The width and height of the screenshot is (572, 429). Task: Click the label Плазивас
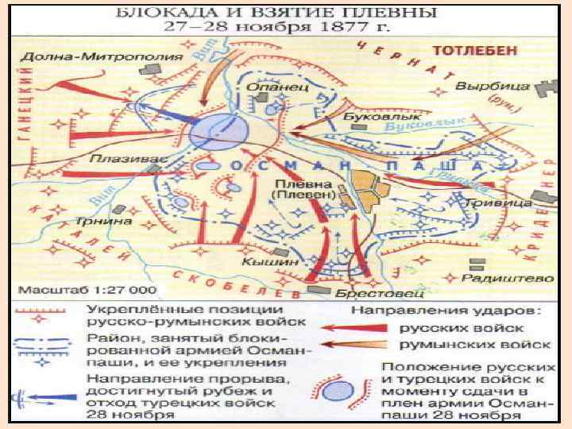[x=118, y=157]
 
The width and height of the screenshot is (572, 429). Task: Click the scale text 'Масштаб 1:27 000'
[x=87, y=288]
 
